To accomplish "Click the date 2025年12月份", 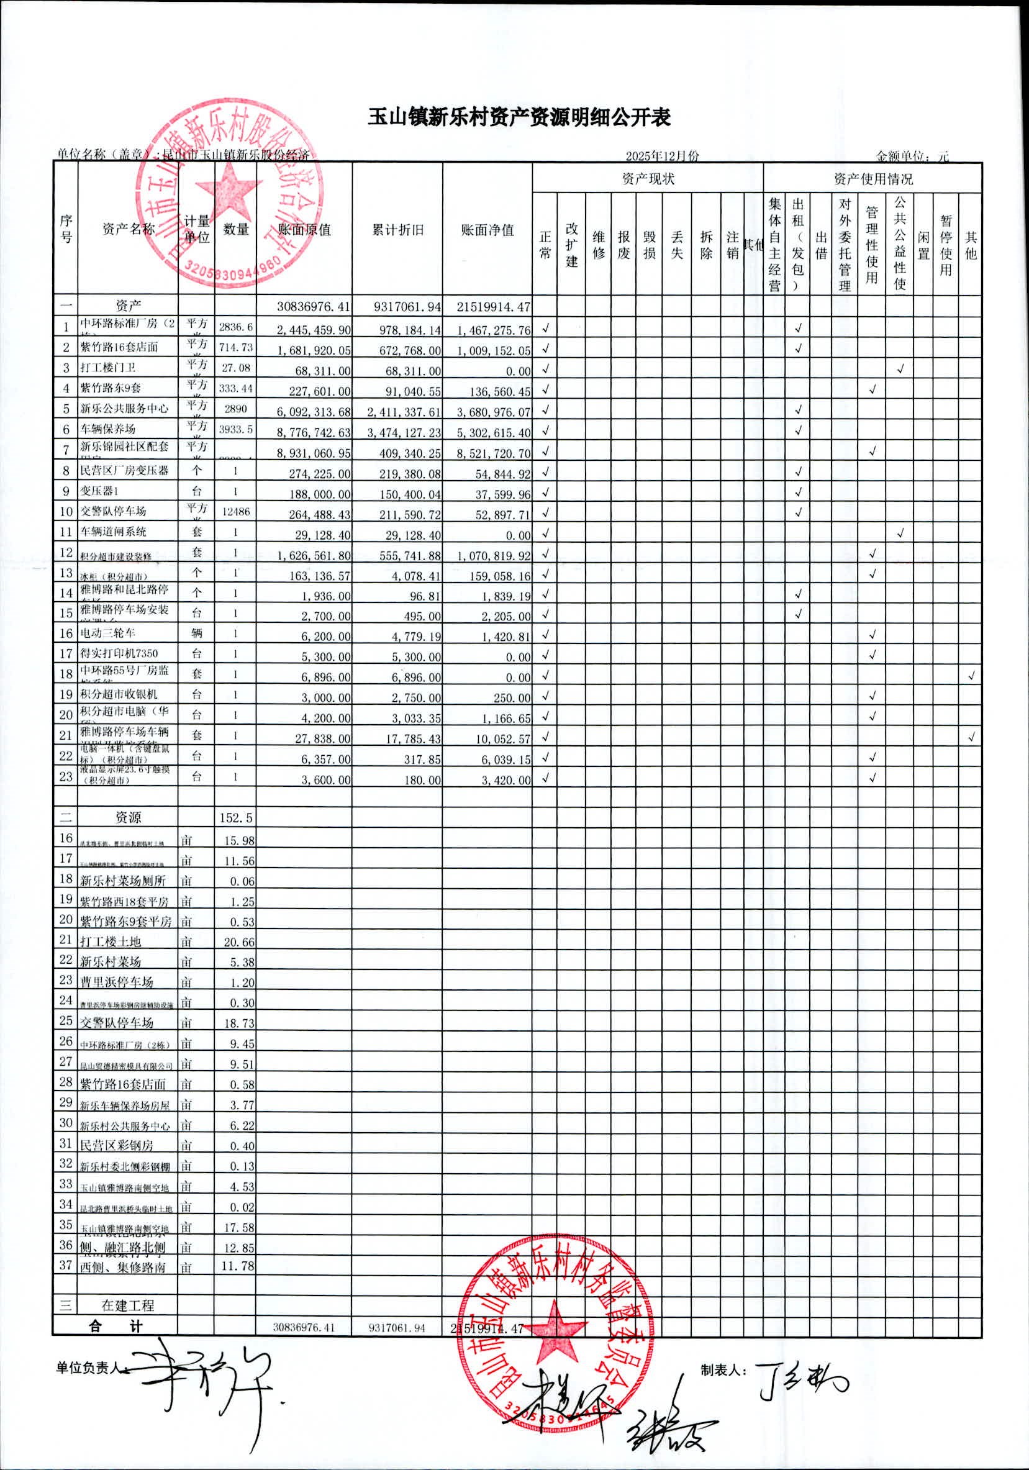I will (x=662, y=156).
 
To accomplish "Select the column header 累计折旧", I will (x=397, y=230).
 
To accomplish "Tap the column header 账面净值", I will (x=487, y=230).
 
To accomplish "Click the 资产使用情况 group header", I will (x=873, y=179).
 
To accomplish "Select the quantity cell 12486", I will (x=235, y=512).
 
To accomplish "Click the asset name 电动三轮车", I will (x=107, y=633).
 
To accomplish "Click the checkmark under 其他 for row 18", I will (x=971, y=676).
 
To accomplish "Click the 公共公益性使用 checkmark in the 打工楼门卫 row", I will (x=900, y=369).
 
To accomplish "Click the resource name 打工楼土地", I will (x=110, y=941).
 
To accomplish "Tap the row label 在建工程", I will (x=128, y=1305).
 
